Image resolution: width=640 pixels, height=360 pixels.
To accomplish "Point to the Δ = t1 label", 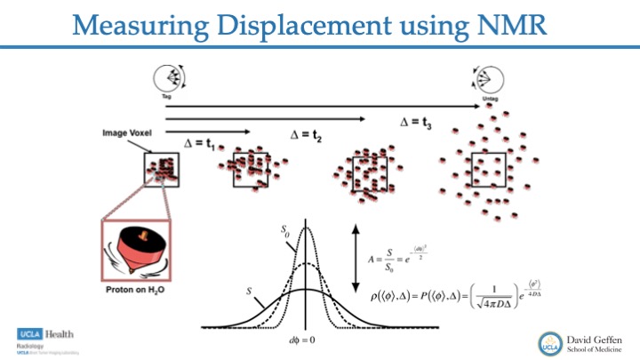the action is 200,142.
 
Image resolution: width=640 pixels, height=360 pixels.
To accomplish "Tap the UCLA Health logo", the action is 44,334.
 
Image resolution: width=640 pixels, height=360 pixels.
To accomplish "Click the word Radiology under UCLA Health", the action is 32,346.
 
